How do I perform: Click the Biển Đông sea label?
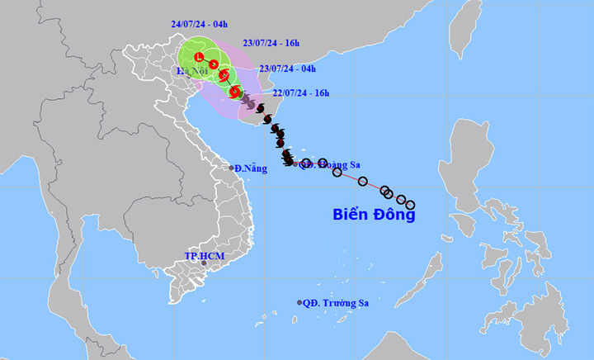pos(374,215)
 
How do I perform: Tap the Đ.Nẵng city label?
pos(251,168)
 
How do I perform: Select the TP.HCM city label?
pos(204,256)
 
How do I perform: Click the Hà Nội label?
pos(189,73)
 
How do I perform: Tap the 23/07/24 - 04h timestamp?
pos(288,69)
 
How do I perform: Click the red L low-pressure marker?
pos(200,56)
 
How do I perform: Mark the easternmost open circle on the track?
pos(410,205)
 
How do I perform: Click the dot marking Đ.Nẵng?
pos(232,168)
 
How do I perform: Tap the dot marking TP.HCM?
pos(203,263)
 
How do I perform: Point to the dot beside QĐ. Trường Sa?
pos(299,303)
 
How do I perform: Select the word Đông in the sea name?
pos(394,215)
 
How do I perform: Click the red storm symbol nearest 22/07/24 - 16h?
pos(235,92)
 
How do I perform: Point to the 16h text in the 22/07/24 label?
pos(320,92)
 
